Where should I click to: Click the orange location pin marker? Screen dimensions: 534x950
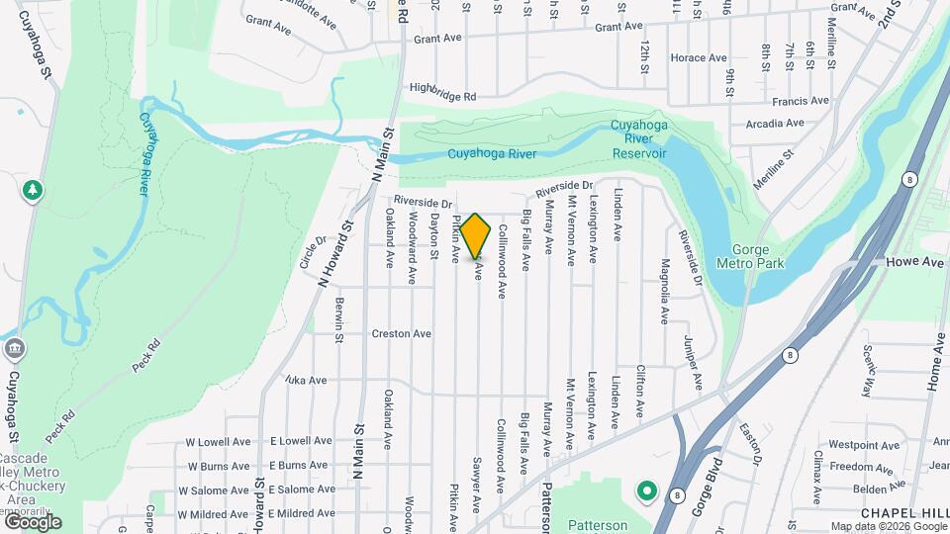pos(476,235)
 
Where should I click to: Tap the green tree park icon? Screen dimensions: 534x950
pos(33,189)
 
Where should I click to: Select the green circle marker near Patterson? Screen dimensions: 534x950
pos(647,489)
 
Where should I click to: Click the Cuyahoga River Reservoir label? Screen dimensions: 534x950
pos(638,138)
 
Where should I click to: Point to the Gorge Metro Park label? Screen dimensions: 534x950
pos(758,256)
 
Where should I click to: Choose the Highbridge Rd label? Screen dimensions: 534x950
pos(442,91)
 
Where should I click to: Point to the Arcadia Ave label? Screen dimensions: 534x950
pos(775,124)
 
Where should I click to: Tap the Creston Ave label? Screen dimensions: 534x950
pos(401,334)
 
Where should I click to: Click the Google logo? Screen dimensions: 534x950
pos(32,521)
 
